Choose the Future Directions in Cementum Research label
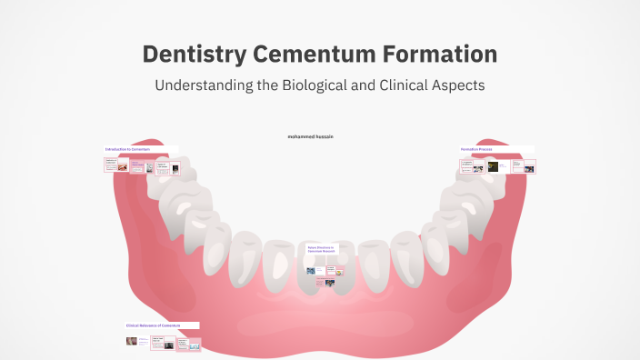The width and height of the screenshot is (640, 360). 321,250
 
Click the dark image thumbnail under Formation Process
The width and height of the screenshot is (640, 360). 493,166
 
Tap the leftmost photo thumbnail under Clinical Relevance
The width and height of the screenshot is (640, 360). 132,342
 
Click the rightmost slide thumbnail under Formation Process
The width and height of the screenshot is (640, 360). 528,166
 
